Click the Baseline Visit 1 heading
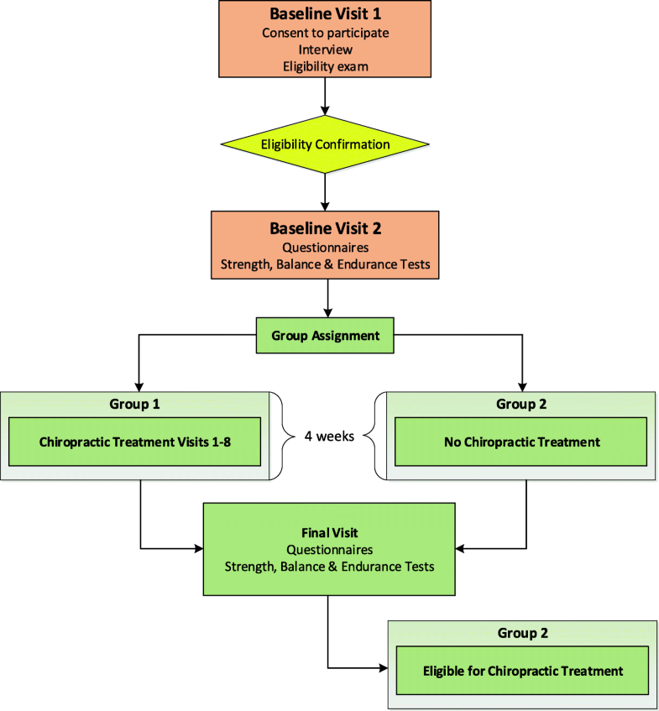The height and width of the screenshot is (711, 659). (x=325, y=14)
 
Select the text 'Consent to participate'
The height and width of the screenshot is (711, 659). (x=325, y=33)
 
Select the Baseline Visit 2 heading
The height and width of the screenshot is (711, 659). (x=325, y=227)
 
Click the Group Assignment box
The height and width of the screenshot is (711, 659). (x=326, y=336)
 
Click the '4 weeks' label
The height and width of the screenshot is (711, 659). (x=328, y=437)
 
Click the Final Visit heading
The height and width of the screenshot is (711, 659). (x=328, y=532)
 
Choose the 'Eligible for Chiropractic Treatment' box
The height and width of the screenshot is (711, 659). (x=523, y=671)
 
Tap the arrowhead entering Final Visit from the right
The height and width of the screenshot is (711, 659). (x=461, y=549)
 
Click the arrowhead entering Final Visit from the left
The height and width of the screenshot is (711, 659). (x=198, y=549)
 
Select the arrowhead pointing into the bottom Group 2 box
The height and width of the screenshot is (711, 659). (x=384, y=669)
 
